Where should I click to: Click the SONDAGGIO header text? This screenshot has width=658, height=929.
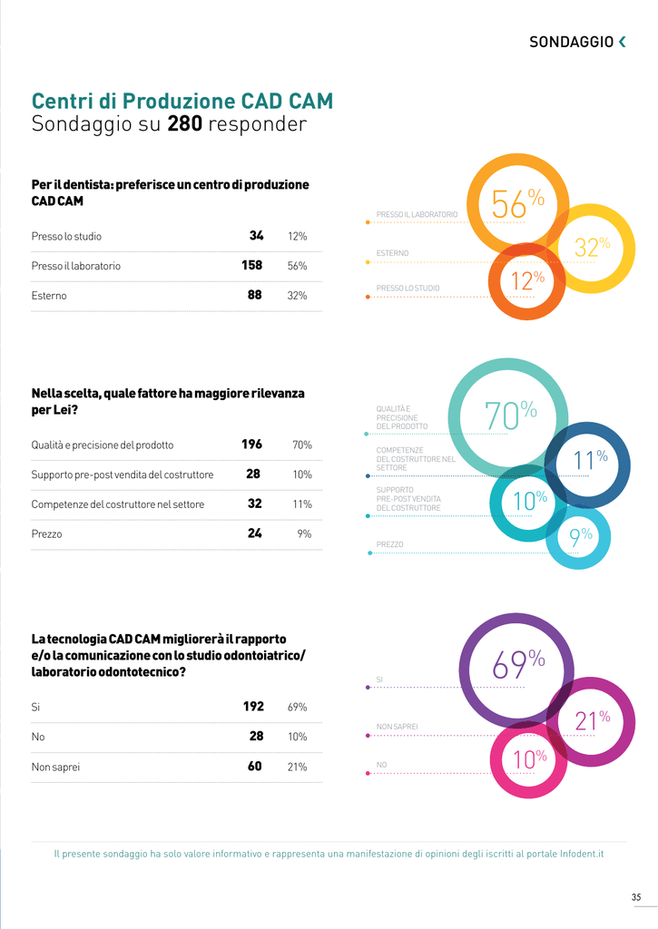571,42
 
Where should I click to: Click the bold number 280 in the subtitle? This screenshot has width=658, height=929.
184,124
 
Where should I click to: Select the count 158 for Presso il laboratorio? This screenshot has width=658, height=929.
251,266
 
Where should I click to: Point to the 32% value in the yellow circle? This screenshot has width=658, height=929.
592,246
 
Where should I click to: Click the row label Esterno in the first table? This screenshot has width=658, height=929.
49,296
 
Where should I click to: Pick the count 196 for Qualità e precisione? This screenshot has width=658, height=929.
251,445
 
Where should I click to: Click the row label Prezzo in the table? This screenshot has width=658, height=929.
46,534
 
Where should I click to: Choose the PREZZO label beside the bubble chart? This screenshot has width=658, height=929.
389,545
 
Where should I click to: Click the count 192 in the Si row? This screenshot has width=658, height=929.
253,707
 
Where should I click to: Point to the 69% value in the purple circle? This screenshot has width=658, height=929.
518,664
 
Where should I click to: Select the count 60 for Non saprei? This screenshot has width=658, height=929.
254,767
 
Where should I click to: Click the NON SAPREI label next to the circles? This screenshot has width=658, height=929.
397,727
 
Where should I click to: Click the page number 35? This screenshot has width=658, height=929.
636,898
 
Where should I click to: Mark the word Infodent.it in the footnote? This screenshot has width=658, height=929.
577,854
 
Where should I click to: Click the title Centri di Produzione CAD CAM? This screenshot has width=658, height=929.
182,101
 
